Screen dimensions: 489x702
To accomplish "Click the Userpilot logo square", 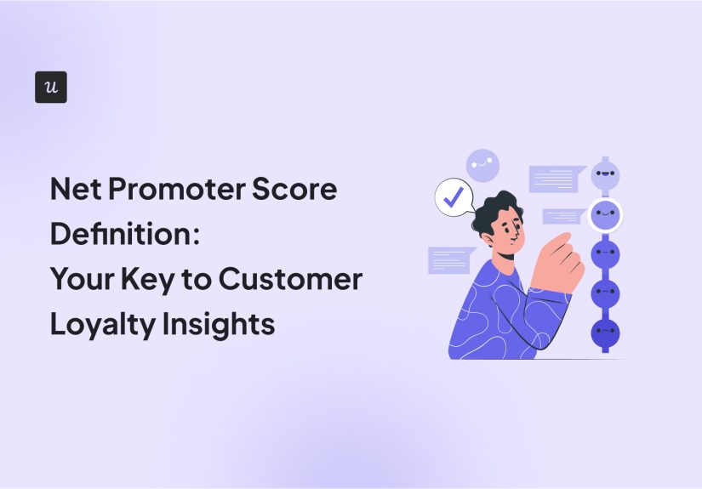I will coord(51,88).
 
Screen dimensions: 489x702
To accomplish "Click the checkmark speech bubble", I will coord(454,198).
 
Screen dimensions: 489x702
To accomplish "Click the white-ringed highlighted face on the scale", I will coord(605,214).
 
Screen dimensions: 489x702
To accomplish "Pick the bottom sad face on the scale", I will coord(605,333).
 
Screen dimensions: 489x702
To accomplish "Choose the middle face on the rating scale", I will coord(605,254).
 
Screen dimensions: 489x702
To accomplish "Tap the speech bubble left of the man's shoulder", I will coord(450,259).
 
